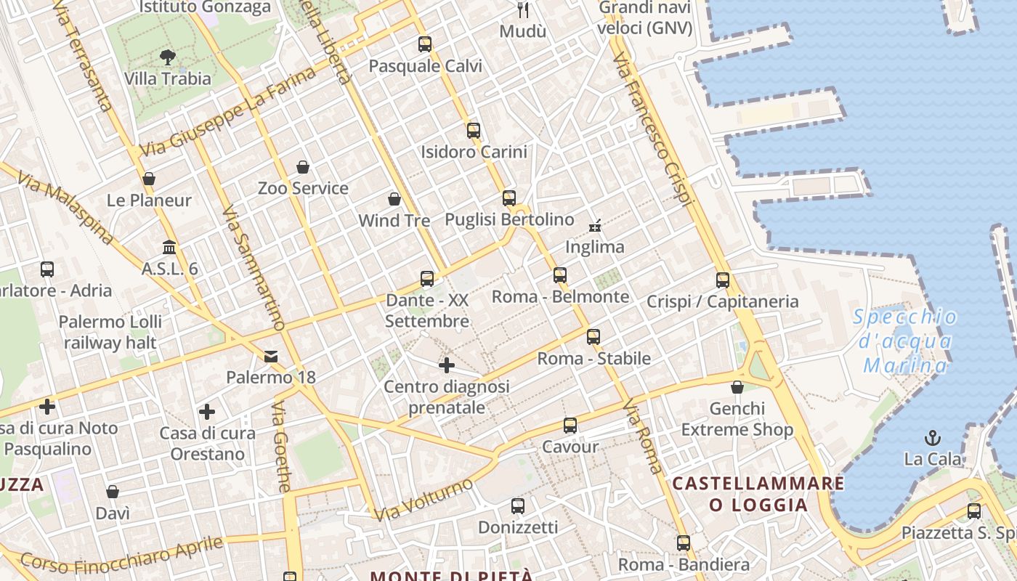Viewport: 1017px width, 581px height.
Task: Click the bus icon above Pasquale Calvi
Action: [x=425, y=44]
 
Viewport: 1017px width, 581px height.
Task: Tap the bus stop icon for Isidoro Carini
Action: [x=474, y=131]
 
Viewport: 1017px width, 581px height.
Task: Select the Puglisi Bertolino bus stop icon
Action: [x=509, y=198]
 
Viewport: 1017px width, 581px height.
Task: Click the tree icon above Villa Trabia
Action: [x=168, y=57]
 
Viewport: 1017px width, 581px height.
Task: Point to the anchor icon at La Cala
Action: [x=932, y=437]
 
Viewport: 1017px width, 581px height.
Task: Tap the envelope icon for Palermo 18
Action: [x=271, y=356]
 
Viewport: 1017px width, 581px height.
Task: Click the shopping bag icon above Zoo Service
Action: [x=303, y=167]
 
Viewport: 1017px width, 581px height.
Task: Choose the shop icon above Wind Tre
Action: [x=394, y=199]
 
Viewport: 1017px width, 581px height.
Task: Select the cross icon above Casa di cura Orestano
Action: [x=207, y=413]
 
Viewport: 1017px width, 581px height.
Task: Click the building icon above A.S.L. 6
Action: [x=170, y=247]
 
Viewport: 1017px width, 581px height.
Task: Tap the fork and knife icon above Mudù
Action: [x=522, y=9]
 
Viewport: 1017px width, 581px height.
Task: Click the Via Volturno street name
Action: [x=424, y=500]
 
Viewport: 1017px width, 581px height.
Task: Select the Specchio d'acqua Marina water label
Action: [x=905, y=341]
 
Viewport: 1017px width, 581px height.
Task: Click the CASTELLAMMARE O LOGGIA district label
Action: [x=758, y=494]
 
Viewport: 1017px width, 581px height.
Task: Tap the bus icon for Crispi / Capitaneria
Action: [x=722, y=280]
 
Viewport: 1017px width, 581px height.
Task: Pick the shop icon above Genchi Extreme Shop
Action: [x=737, y=387]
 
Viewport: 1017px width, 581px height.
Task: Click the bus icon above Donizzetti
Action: [x=518, y=506]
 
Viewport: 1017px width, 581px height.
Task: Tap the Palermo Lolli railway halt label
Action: [x=110, y=332]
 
